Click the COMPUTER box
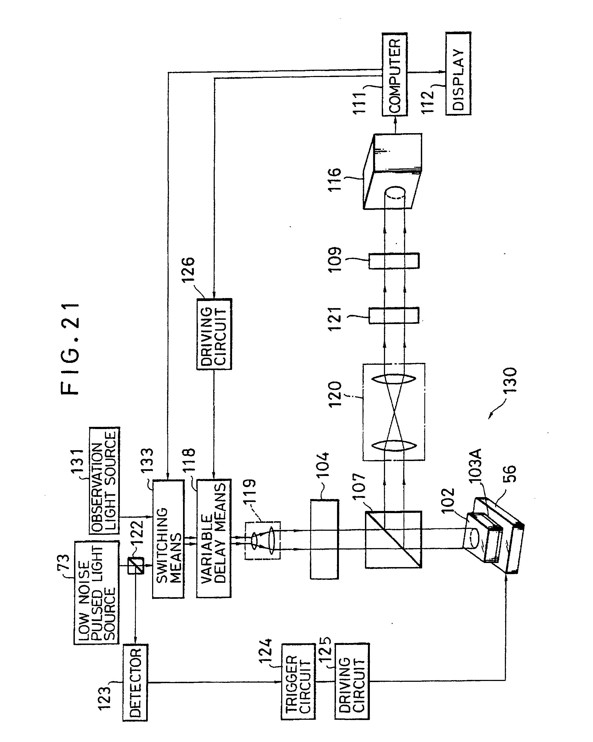(395, 74)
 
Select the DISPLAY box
(458, 73)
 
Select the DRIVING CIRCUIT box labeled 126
(214, 334)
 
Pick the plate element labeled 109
(394, 261)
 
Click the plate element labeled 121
(394, 315)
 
